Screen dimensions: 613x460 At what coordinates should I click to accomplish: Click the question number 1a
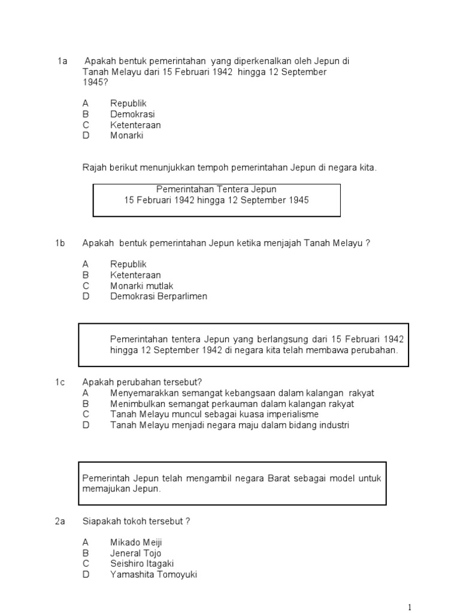(62, 62)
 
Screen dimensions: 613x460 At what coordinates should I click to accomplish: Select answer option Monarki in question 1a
(126, 136)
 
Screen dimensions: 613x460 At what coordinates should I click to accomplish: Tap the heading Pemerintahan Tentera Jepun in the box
(216, 190)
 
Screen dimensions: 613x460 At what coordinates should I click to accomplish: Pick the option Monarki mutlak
(141, 286)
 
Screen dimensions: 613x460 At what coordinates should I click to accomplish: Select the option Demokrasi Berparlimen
(159, 297)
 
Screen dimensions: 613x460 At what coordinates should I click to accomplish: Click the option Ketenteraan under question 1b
(135, 275)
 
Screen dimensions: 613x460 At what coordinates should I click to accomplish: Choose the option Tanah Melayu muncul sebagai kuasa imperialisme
(214, 414)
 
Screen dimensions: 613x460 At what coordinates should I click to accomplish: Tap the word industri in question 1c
(333, 425)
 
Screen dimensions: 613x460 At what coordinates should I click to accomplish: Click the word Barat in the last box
(275, 478)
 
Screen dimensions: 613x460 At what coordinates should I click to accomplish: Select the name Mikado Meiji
(136, 542)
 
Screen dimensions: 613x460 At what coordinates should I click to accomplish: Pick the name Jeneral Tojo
(135, 553)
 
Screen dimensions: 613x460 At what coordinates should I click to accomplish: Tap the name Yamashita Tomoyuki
(153, 575)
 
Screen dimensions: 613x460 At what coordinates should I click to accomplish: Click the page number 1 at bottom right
(410, 607)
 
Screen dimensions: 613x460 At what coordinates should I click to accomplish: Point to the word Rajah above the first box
(94, 168)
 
